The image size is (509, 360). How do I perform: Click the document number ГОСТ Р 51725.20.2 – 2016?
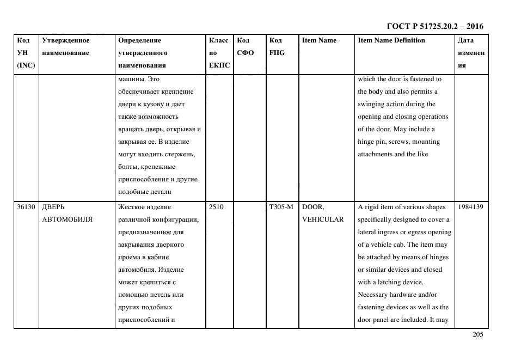(434, 26)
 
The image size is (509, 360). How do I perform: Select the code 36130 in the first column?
(26, 207)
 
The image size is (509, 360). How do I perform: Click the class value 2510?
(216, 207)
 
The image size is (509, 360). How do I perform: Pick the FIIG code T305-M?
(281, 207)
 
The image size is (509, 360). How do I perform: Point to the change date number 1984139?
(470, 207)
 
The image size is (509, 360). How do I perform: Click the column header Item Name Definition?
(391, 40)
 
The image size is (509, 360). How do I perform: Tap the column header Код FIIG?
(277, 46)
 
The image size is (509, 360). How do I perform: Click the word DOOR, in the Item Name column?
(312, 207)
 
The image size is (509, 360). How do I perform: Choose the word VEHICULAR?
(323, 219)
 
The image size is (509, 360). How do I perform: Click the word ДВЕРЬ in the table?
(53, 207)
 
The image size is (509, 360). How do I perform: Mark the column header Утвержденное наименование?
(66, 46)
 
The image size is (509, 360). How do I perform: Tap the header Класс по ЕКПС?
(219, 53)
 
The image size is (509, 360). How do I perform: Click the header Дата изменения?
(470, 53)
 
